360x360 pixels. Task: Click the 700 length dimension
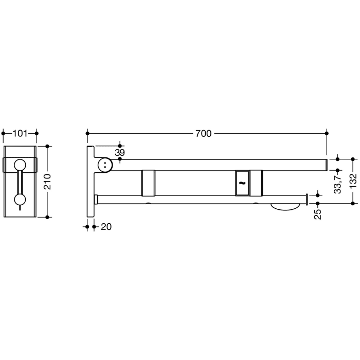(203, 133)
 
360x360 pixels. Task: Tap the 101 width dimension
(20, 134)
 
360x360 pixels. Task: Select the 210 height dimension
(48, 181)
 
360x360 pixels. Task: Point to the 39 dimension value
(119, 153)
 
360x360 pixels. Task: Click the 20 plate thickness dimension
(105, 226)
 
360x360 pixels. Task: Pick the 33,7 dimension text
(337, 183)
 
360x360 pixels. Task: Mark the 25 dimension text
(318, 211)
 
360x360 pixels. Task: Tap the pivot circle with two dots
(105, 165)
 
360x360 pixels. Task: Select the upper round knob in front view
(20, 165)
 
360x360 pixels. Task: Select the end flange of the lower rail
(307, 199)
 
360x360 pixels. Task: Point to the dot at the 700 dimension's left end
(87, 133)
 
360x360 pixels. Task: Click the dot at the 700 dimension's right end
(327, 133)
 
